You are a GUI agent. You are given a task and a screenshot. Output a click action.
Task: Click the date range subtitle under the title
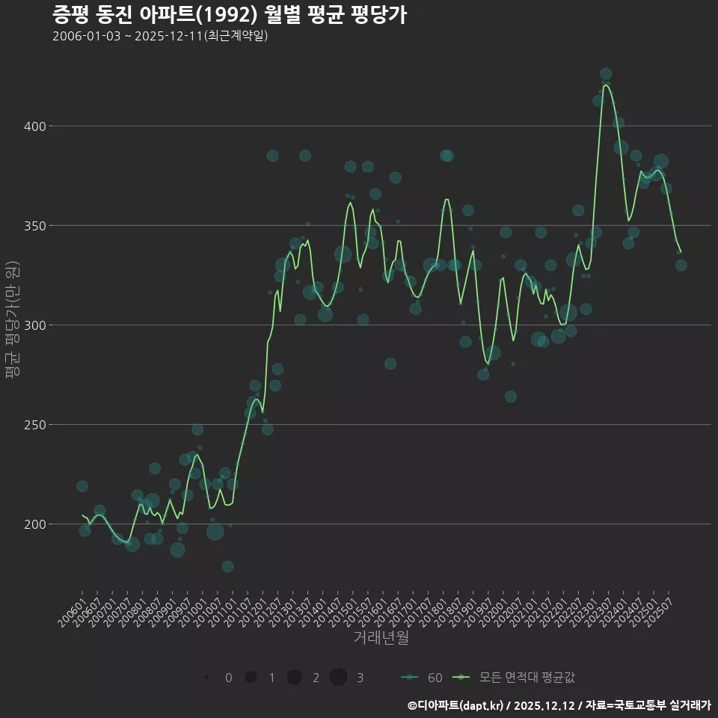tap(160, 36)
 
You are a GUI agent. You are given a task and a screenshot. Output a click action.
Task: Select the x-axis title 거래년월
tap(381, 638)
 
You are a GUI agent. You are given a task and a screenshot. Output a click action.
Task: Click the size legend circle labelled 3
tap(338, 678)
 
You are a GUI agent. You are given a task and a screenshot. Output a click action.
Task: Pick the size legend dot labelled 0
tap(206, 678)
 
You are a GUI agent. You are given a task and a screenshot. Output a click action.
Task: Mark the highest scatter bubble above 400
tap(606, 74)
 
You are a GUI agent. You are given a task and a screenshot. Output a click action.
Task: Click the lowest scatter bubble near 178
tap(227, 566)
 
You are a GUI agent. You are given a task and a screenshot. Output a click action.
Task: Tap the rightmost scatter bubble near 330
tap(681, 265)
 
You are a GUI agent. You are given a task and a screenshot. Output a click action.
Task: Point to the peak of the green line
tap(606, 85)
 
